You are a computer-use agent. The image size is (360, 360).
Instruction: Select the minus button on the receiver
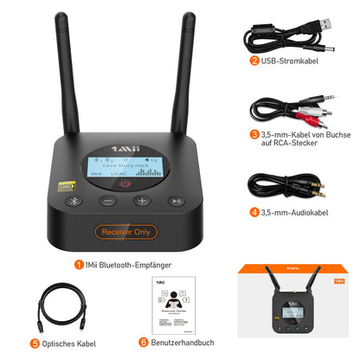107,201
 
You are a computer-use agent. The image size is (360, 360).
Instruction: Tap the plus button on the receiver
142,201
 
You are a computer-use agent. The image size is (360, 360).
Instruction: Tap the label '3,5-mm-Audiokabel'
298,212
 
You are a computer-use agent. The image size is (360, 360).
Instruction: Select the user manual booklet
179,304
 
